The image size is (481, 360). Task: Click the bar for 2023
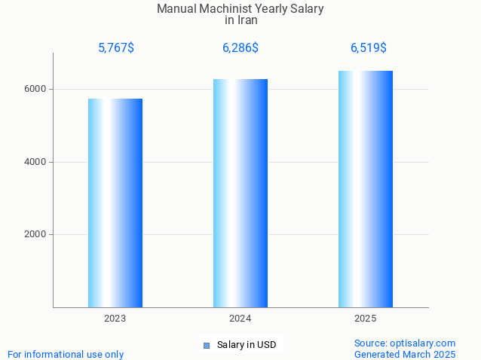(x=115, y=203)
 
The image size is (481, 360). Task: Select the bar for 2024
(x=240, y=194)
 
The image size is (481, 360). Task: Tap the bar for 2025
(x=366, y=189)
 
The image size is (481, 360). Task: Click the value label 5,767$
(x=116, y=48)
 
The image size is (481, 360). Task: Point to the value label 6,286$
(x=240, y=48)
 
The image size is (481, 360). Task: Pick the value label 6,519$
(x=369, y=48)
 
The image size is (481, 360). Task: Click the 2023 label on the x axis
(x=115, y=319)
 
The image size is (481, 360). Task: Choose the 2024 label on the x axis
(x=240, y=319)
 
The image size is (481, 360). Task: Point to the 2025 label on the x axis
(x=366, y=319)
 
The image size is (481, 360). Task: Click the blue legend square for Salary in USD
(x=207, y=346)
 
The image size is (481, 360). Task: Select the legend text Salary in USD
(x=247, y=346)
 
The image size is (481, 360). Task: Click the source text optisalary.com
(x=405, y=343)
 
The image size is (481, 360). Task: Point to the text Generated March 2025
(x=405, y=354)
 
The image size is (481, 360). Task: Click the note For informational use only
(x=66, y=354)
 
